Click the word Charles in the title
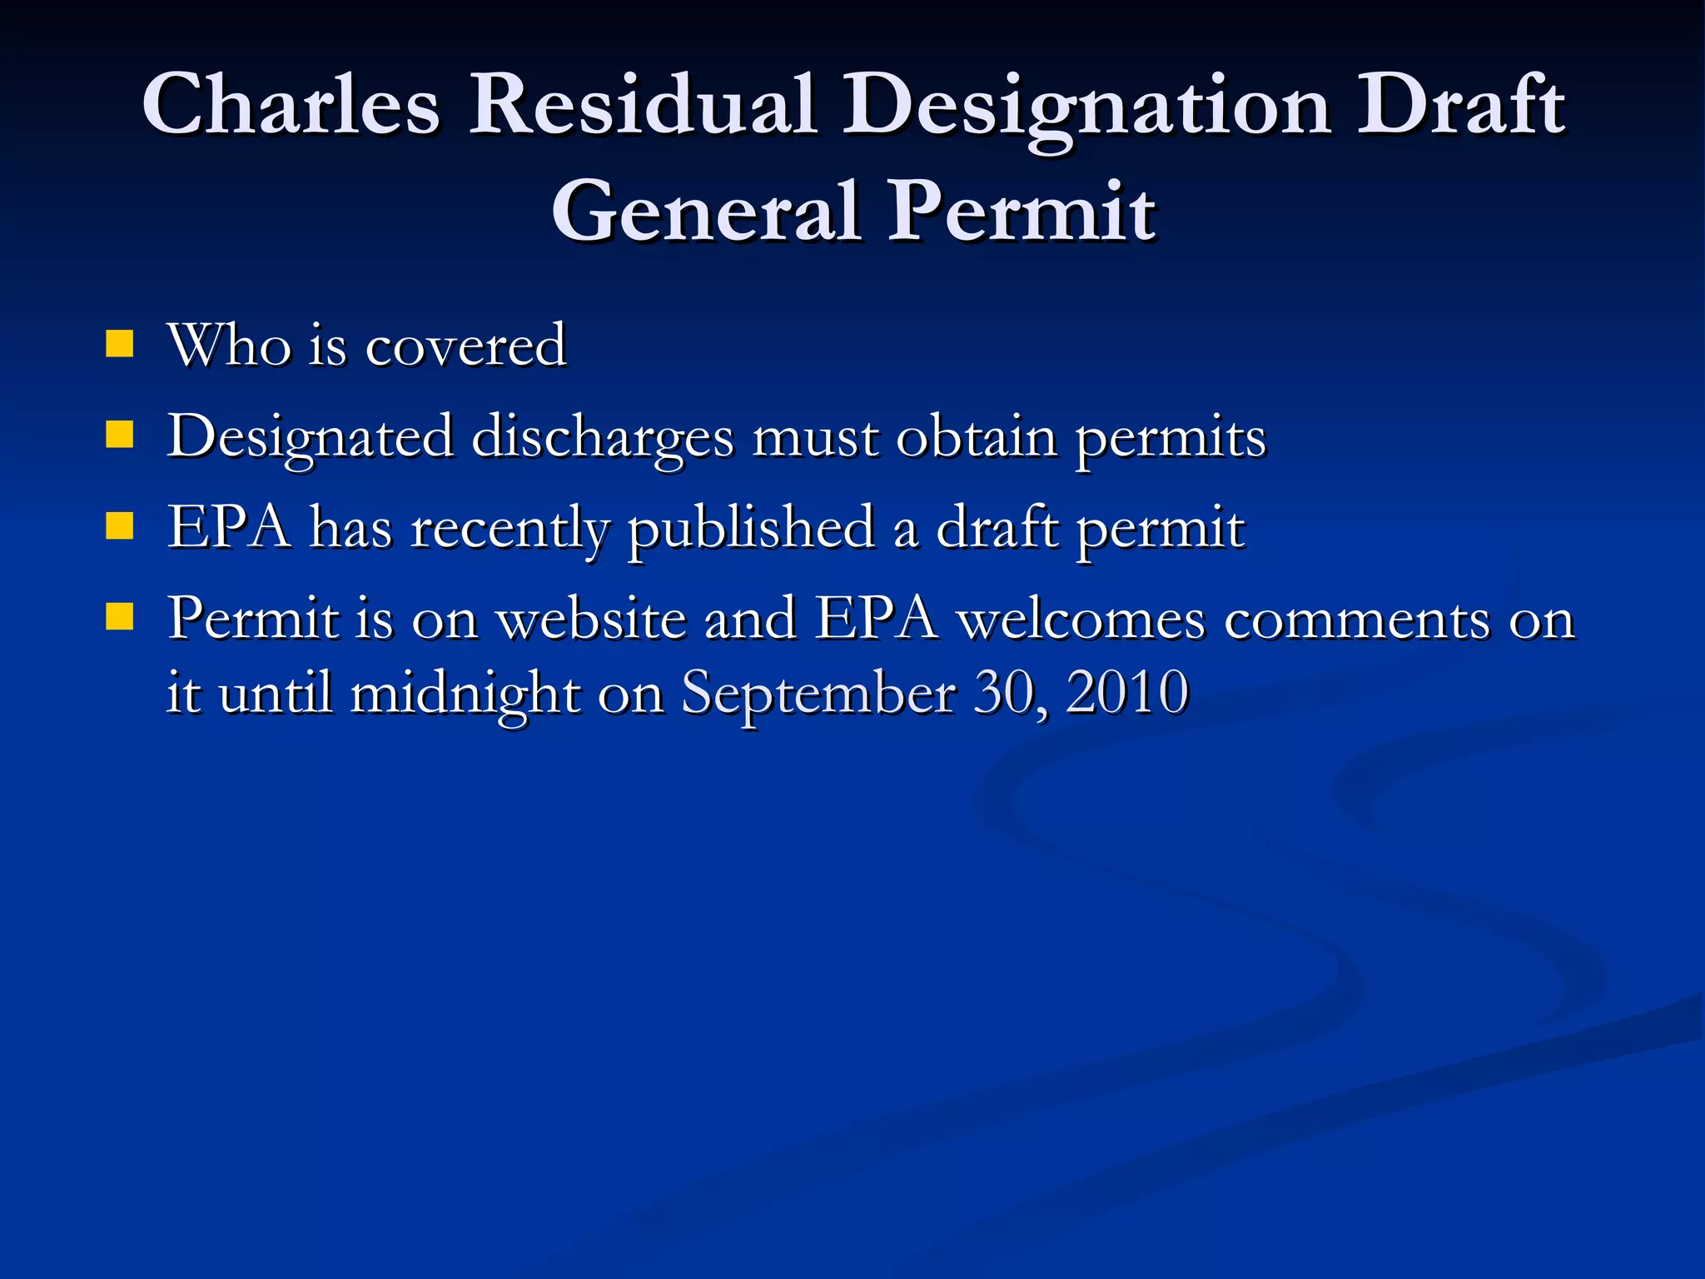click(291, 106)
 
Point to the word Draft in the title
click(1461, 106)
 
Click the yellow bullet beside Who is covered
click(120, 343)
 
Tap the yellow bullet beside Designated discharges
click(120, 434)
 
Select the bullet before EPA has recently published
click(120, 526)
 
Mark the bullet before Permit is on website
click(120, 617)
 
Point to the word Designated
click(311, 437)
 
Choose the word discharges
click(604, 437)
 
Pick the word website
click(592, 620)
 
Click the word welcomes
click(1081, 620)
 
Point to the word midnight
click(465, 694)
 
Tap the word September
click(819, 693)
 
